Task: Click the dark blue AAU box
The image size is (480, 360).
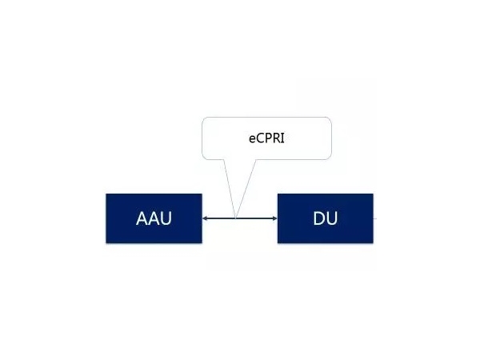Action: (x=154, y=218)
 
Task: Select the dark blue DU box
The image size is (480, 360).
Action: (x=326, y=218)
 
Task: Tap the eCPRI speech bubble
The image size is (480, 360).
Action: (x=266, y=138)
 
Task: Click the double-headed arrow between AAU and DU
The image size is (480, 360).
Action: (x=240, y=218)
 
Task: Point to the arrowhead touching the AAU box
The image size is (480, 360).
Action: (x=205, y=218)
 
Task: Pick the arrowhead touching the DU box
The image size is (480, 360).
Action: (x=274, y=218)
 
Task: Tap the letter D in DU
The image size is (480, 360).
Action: (x=319, y=218)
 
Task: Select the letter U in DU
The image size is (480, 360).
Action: (x=332, y=218)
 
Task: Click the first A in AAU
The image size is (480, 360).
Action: (x=142, y=218)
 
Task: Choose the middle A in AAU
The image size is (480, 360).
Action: (x=154, y=218)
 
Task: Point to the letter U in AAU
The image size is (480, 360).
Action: (x=166, y=218)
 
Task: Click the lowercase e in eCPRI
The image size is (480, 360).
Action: (x=252, y=139)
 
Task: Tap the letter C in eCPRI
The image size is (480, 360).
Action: (x=260, y=138)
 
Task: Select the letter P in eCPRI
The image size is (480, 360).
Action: (x=269, y=138)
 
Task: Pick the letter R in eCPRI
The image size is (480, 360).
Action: (x=277, y=138)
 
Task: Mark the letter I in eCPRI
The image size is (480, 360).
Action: (x=282, y=138)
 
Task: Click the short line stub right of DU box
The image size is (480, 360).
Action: (x=375, y=218)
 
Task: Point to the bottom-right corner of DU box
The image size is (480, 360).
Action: (x=373, y=243)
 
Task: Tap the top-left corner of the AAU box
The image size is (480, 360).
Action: (x=106, y=194)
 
